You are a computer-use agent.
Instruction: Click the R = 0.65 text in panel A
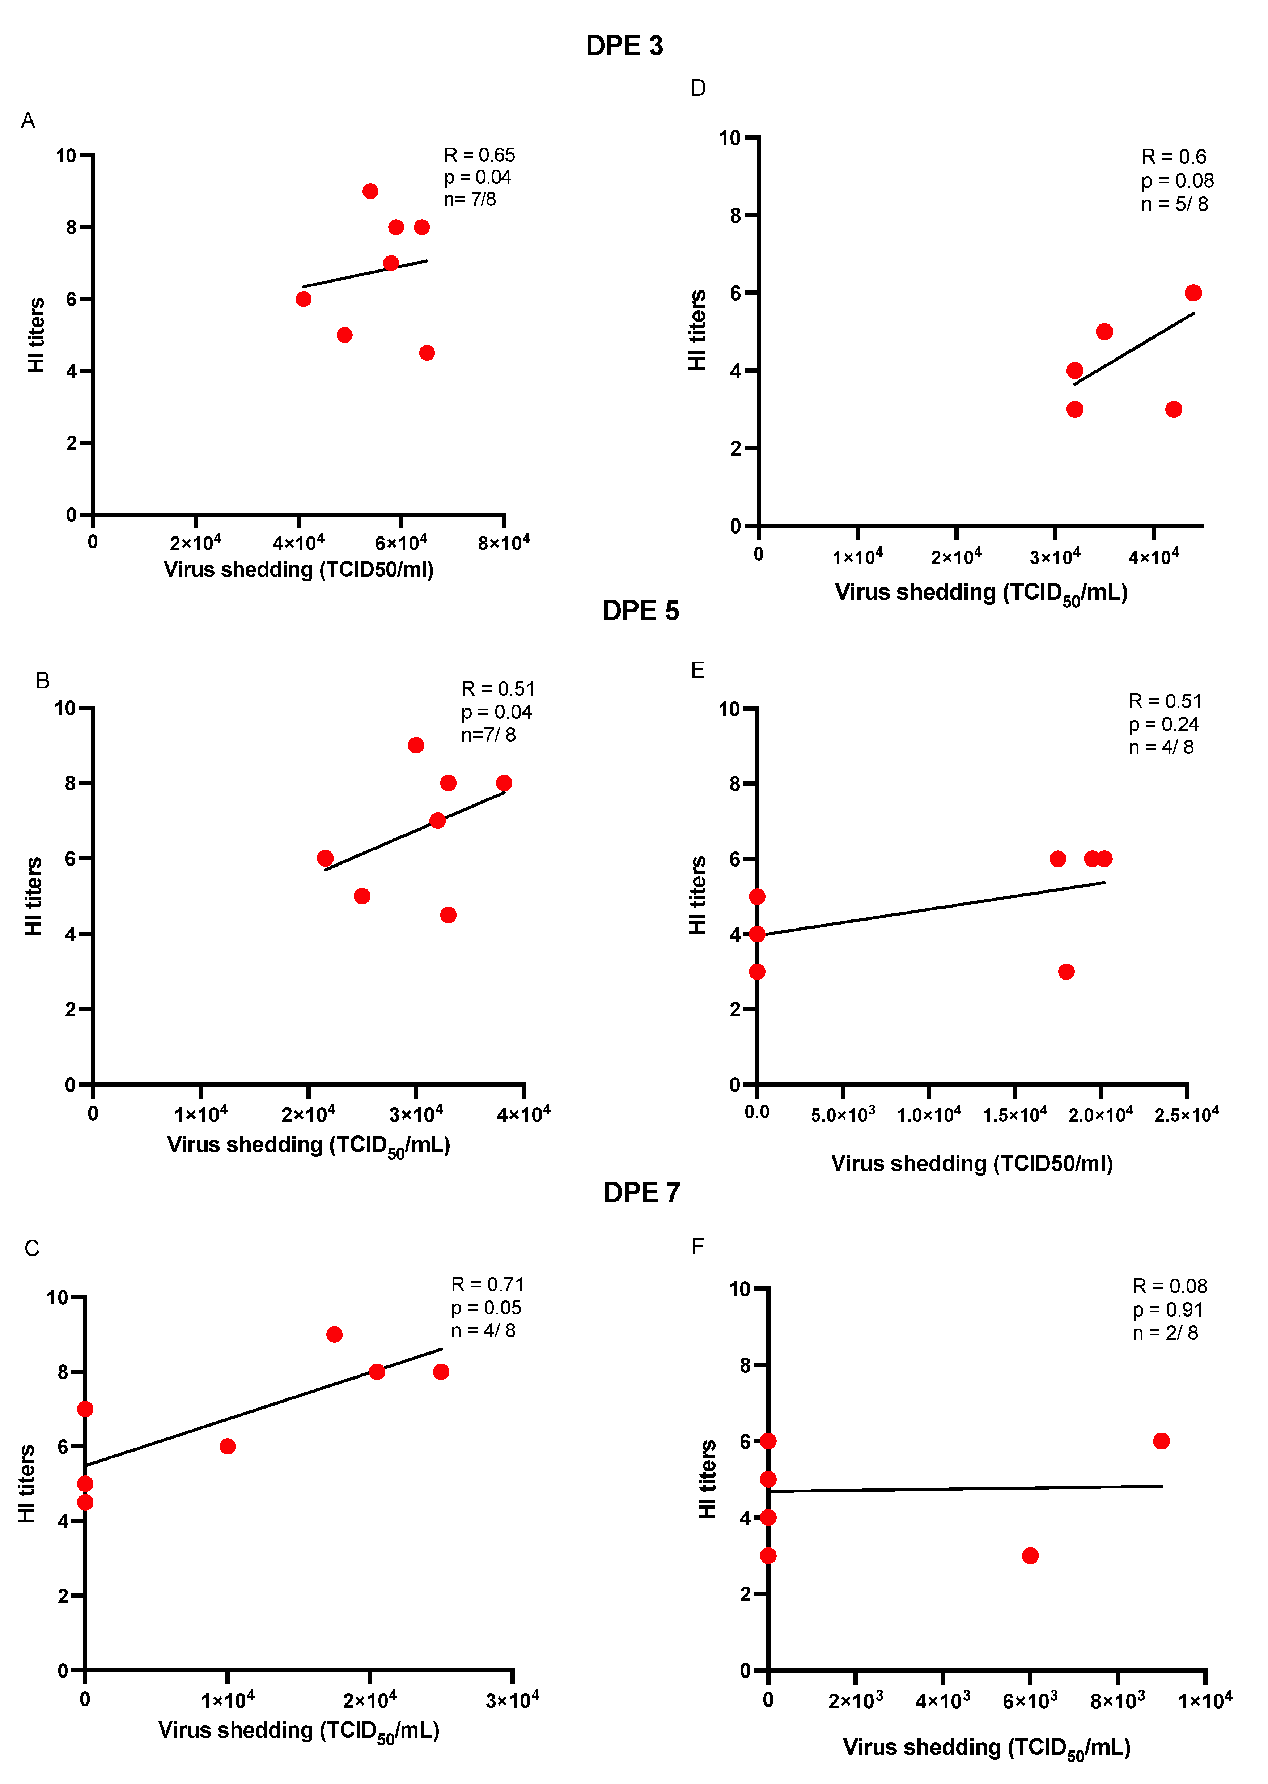tap(479, 156)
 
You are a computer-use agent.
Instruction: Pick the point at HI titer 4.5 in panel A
tap(426, 353)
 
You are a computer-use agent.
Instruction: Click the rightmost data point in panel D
tap(1193, 293)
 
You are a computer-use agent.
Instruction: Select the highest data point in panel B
tap(416, 746)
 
